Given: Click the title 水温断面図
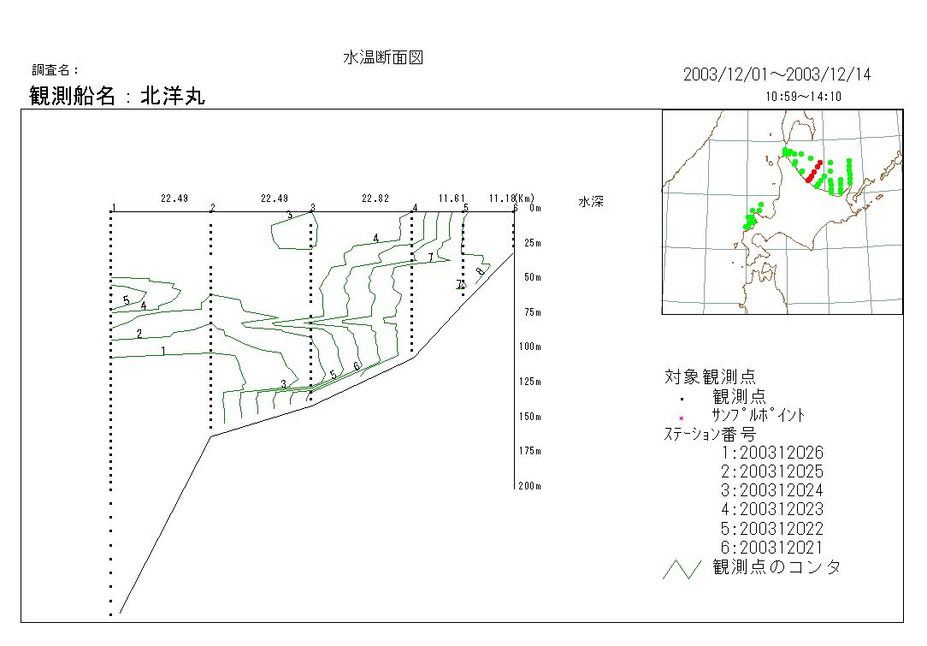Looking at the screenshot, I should pos(383,58).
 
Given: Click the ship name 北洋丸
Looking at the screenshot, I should pos(173,96).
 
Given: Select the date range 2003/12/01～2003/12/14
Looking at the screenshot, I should pos(776,75).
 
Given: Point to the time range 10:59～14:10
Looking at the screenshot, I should pos(804,97).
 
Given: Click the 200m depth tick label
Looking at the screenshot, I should pos(530,486).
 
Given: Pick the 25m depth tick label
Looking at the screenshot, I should pos(532,243).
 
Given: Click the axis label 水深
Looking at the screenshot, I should pos(591,203).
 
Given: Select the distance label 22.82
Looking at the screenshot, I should pos(375,199).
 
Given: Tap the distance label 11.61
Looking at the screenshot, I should pos(452,199).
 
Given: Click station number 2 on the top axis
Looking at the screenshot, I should pos(212,208).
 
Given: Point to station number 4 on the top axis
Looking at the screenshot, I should pos(415,208).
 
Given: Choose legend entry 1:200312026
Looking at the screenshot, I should pos(772,453).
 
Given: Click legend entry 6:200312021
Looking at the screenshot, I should pos(772,547).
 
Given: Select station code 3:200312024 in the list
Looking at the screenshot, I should pos(772,490).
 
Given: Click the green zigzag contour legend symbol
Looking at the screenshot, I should pos(682,569).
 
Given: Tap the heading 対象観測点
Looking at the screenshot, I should pos(710,376).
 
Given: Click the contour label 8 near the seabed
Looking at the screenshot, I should pos(480,272).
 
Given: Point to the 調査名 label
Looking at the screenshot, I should pos(55,70).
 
